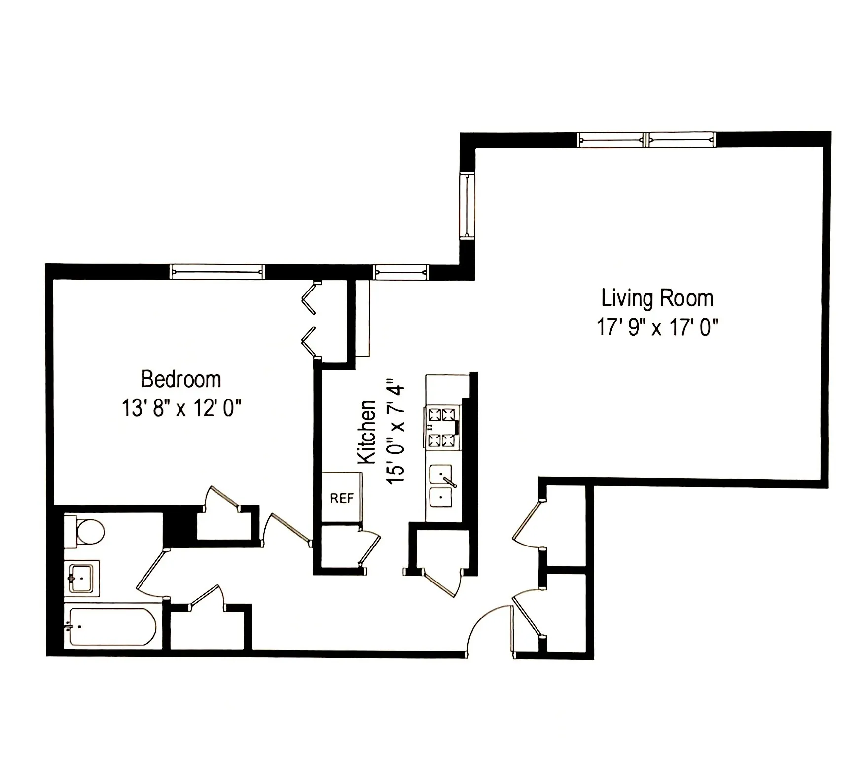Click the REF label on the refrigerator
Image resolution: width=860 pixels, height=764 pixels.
point(342,498)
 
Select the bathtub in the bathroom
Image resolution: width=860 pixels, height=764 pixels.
point(112,626)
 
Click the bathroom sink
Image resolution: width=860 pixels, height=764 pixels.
point(81,578)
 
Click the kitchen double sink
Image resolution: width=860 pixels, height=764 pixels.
point(441,486)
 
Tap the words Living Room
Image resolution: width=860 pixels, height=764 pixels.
point(657,298)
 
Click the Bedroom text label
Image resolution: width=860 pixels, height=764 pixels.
point(181,379)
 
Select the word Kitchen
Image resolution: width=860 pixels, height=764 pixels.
point(366,432)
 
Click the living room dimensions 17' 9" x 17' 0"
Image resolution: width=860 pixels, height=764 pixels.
point(657,327)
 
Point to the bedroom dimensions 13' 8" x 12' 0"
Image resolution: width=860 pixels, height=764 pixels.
point(181,408)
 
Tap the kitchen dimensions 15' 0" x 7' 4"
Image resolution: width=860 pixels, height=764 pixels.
point(396,432)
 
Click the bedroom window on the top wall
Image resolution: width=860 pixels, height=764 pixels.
point(217,272)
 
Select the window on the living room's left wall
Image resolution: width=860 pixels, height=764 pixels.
point(466,205)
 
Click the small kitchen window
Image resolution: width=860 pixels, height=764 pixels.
point(401,272)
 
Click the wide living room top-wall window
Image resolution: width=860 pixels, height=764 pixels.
point(646,140)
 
